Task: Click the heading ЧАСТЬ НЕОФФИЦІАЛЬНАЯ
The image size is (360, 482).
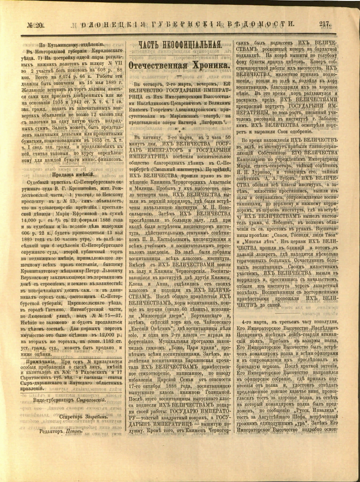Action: (179, 44)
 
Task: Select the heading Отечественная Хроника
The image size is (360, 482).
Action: (179, 65)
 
